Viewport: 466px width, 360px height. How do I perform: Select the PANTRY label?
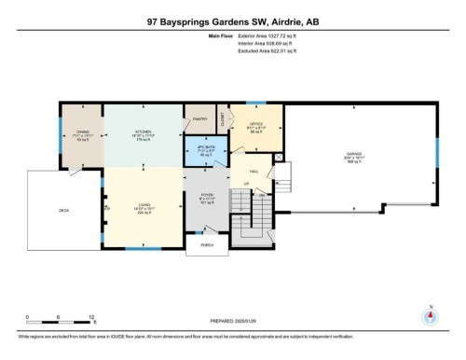[x=199, y=119]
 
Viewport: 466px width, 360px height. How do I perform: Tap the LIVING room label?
[x=142, y=203]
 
